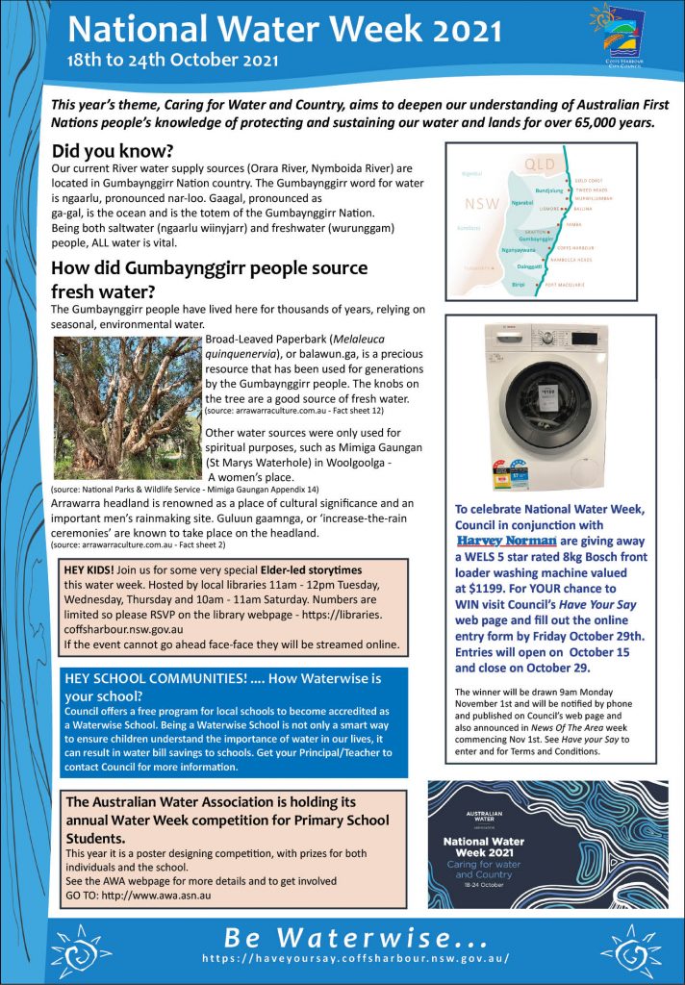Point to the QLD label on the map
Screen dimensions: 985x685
tap(541, 164)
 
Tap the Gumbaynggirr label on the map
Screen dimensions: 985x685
tap(538, 238)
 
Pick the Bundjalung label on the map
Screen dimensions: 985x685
tap(546, 190)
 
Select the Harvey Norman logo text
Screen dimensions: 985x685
tap(504, 541)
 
